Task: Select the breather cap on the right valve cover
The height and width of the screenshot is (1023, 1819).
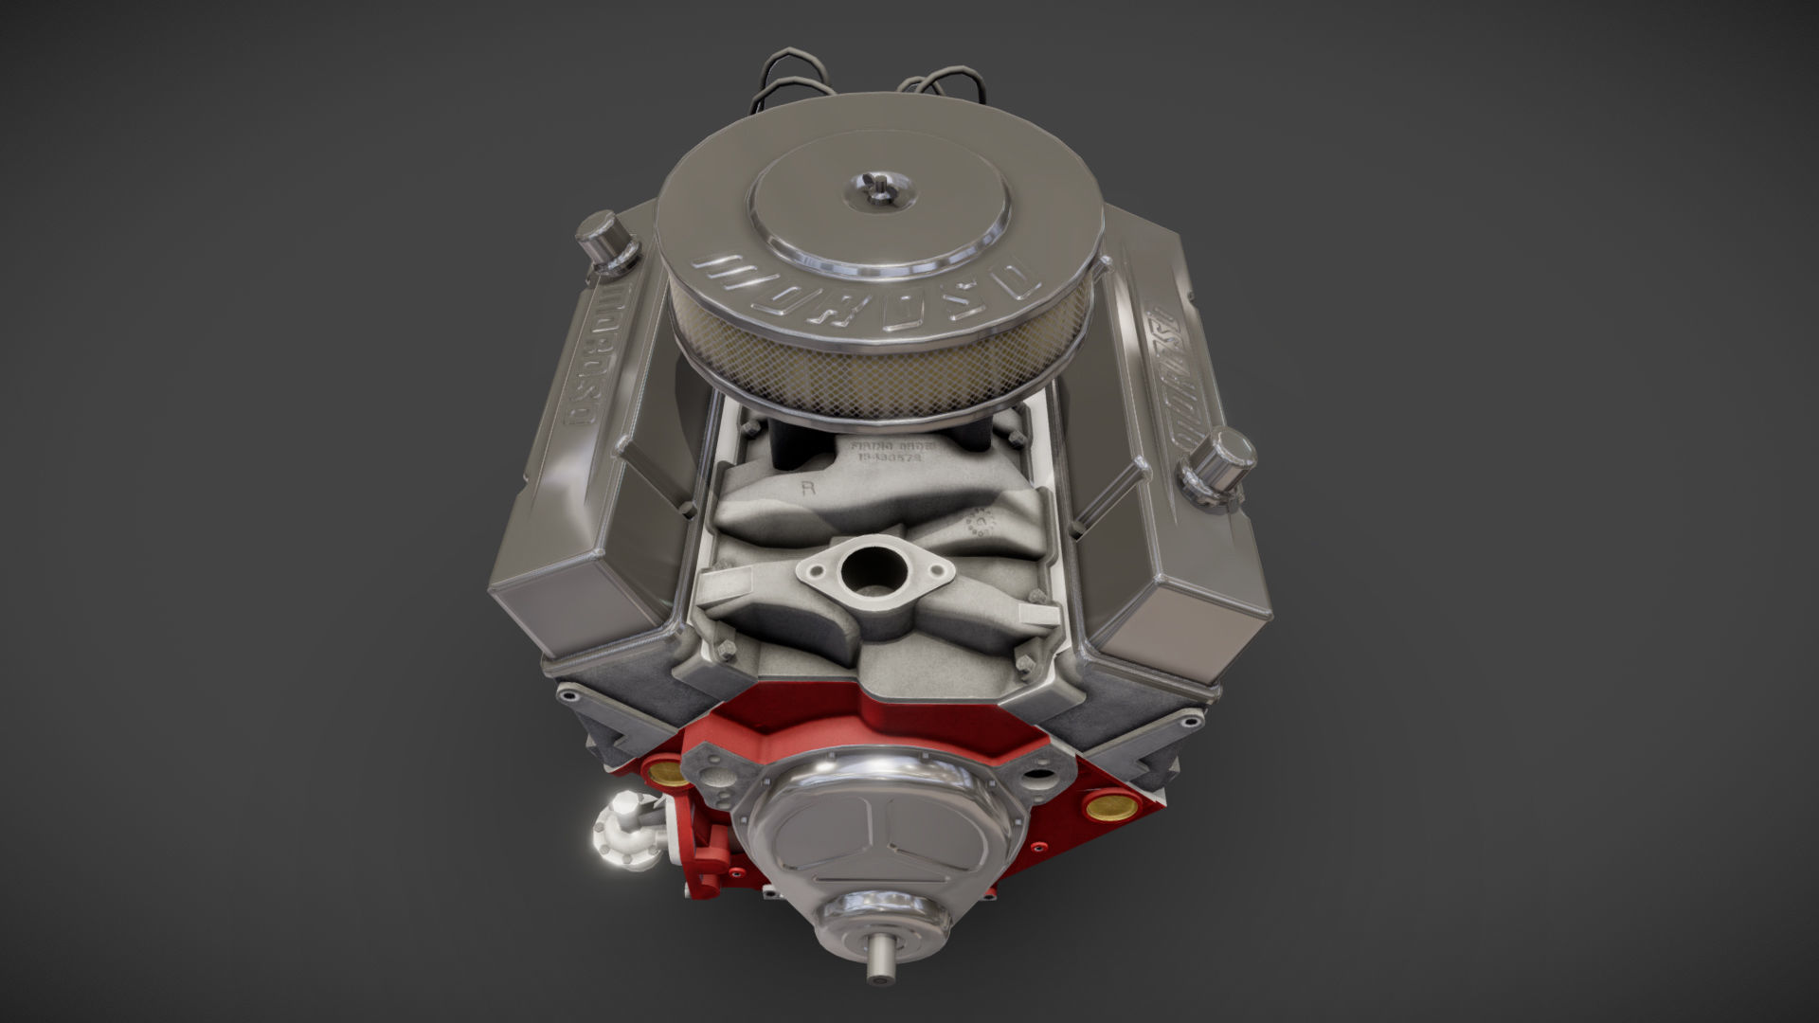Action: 1220,463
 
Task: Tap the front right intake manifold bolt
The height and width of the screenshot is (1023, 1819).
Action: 1026,660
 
